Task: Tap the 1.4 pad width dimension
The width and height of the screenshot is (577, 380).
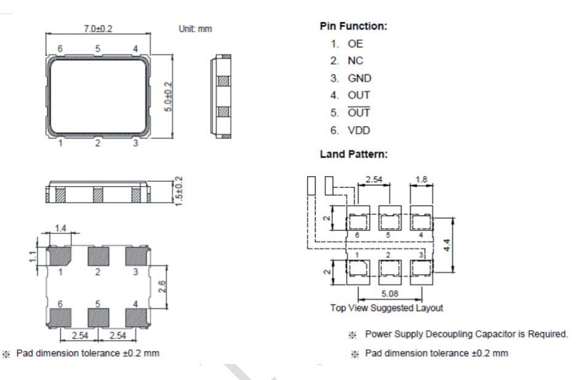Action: pos(60,228)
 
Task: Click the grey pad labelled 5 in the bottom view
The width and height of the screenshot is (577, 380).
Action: pos(98,317)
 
